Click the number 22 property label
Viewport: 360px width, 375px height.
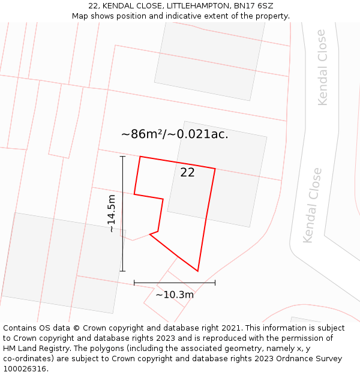pyautogui.click(x=187, y=173)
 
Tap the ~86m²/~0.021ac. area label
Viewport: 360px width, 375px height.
pyautogui.click(x=175, y=134)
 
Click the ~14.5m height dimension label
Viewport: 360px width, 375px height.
pyautogui.click(x=112, y=214)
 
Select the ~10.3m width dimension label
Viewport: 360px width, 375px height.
pyautogui.click(x=175, y=295)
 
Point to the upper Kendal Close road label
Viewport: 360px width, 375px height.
pyautogui.click(x=322, y=67)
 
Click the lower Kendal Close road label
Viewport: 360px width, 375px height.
pyautogui.click(x=313, y=206)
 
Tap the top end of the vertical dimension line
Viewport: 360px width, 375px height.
pyautogui.click(x=122, y=157)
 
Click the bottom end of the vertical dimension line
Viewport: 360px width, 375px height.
pyautogui.click(x=122, y=271)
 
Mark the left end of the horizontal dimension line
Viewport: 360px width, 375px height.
pyautogui.click(x=134, y=282)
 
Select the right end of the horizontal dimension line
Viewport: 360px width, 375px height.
pyautogui.click(x=215, y=282)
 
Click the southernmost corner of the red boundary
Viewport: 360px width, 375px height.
pyautogui.click(x=197, y=271)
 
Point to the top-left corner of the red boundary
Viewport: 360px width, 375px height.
pyautogui.click(x=140, y=157)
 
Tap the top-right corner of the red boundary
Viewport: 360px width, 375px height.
pyautogui.click(x=215, y=169)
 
